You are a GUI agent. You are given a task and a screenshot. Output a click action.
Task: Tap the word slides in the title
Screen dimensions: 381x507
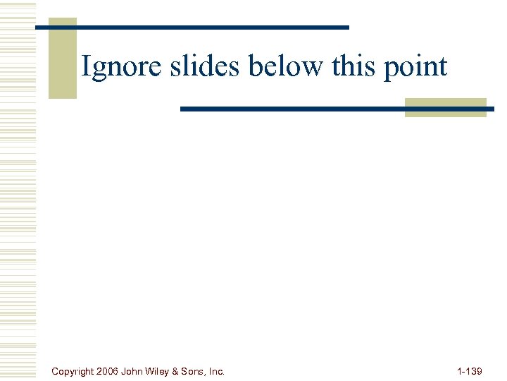195,66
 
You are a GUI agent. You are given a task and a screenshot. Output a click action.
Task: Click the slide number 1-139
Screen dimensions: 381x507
470,370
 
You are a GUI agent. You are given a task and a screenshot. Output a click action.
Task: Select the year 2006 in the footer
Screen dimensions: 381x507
108,370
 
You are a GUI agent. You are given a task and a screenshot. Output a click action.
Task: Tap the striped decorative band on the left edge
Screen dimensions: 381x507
18,190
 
